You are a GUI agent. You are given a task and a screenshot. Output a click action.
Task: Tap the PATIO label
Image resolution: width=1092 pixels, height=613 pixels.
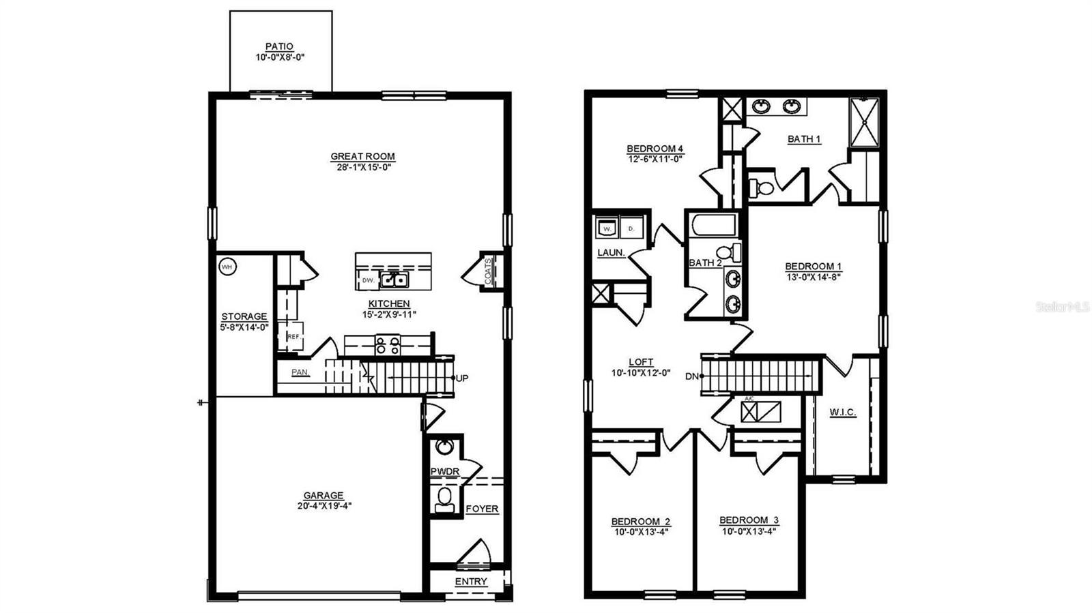point(279,46)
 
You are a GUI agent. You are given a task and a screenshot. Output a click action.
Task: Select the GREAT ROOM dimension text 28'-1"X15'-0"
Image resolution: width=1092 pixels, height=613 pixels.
point(363,166)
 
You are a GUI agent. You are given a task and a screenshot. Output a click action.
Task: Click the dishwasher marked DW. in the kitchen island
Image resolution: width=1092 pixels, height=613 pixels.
point(368,280)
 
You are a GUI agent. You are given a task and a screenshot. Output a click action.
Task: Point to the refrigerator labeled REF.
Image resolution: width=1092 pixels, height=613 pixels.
point(293,336)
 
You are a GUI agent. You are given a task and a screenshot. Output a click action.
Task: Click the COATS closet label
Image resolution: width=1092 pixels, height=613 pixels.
point(488,271)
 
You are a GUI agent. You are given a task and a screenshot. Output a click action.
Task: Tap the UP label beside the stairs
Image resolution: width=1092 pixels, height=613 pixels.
point(462,378)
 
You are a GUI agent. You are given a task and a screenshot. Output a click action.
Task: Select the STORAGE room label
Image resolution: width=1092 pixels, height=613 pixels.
point(244,316)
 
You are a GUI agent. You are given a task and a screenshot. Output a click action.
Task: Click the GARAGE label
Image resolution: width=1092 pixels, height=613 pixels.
point(324,496)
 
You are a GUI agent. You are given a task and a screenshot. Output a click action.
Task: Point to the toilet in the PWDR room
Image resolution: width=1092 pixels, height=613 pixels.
point(444,498)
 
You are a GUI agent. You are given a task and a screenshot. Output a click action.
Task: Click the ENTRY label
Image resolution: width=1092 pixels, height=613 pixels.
point(471,582)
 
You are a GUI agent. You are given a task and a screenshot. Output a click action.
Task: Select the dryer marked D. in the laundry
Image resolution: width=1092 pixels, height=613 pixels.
point(631,228)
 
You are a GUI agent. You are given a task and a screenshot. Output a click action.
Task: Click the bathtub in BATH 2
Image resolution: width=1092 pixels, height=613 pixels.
point(713,225)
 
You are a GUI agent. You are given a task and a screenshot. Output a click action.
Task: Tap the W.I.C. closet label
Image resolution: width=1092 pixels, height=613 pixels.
point(843,413)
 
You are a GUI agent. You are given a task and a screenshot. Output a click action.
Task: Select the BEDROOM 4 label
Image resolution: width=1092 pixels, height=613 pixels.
point(655,149)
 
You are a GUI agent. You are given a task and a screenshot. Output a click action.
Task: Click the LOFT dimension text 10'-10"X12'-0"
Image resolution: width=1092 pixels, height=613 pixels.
point(641,373)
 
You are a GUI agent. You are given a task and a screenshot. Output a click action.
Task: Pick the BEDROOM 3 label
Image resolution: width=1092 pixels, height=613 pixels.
point(749,520)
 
